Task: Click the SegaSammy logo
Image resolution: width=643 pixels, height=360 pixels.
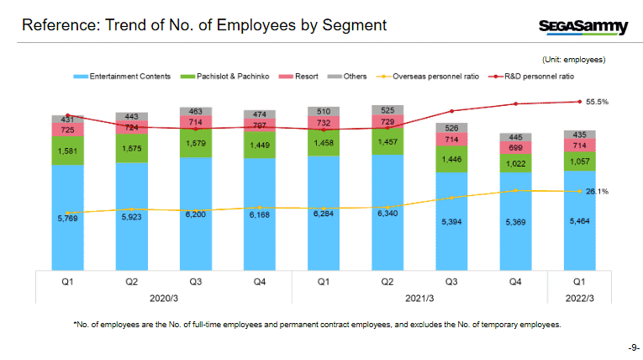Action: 582,27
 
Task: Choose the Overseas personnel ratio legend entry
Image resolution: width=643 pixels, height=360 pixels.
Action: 431,77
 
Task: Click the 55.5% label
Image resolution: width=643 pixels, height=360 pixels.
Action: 597,102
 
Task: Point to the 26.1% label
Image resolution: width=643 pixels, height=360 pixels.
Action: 597,192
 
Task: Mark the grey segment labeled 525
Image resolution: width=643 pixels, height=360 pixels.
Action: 389,110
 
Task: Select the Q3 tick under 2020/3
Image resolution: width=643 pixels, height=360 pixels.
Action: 196,283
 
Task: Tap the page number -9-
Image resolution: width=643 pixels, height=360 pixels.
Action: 634,347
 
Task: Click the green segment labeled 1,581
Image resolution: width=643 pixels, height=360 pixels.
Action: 67,151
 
